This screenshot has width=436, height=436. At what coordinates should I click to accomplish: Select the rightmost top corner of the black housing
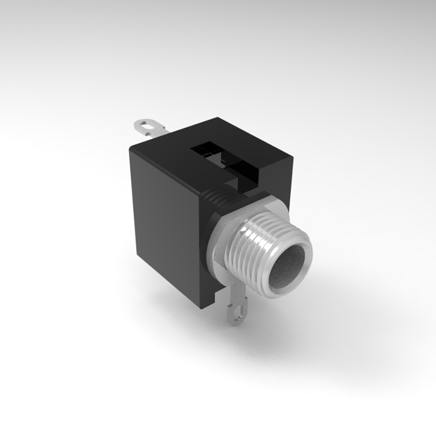(x=293, y=156)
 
